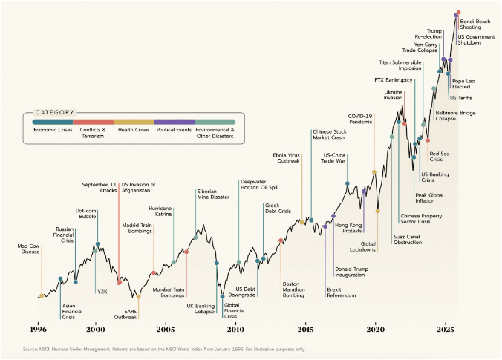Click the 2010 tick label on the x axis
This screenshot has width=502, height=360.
[236, 328]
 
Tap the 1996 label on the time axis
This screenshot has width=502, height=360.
[39, 328]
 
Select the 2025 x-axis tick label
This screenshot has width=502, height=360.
[446, 328]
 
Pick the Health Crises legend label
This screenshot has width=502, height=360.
[134, 129]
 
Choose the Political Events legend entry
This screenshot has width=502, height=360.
[174, 129]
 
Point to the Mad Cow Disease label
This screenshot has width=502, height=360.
[30, 249]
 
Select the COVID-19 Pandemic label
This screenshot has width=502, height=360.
[360, 120]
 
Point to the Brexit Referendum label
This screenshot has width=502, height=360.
[341, 292]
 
